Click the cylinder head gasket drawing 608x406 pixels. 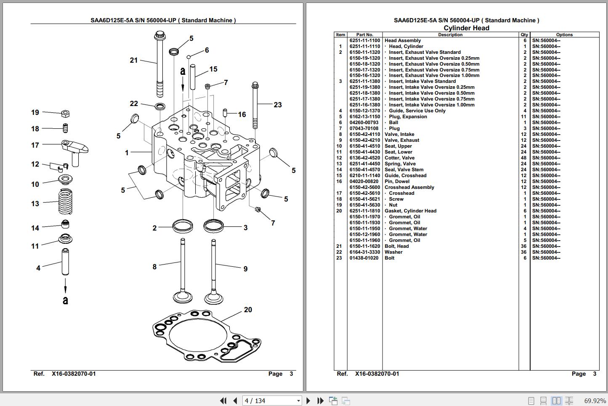coord(206,337)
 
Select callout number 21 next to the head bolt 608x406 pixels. coord(134,60)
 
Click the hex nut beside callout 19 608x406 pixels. coord(65,113)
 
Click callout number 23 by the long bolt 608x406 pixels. coord(278,105)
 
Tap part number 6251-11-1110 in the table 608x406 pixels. coord(364,46)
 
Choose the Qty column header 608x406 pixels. coord(524,35)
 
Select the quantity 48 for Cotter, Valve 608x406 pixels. coord(524,158)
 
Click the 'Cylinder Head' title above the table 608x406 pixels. coord(466,28)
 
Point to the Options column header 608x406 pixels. coord(564,35)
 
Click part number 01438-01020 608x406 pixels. coord(364,258)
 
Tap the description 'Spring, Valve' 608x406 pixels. coord(400,164)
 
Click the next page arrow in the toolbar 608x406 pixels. coord(308,401)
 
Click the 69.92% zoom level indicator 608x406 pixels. coord(595,401)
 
